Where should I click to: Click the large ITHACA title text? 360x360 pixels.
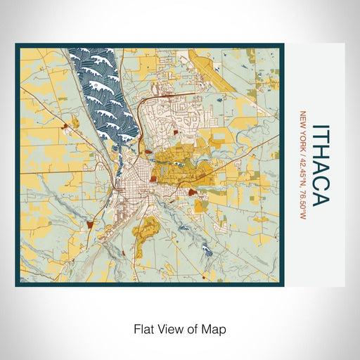[x=320, y=166]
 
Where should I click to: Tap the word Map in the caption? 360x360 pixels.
[x=216, y=328]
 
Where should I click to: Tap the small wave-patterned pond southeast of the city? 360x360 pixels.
[x=206, y=247]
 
